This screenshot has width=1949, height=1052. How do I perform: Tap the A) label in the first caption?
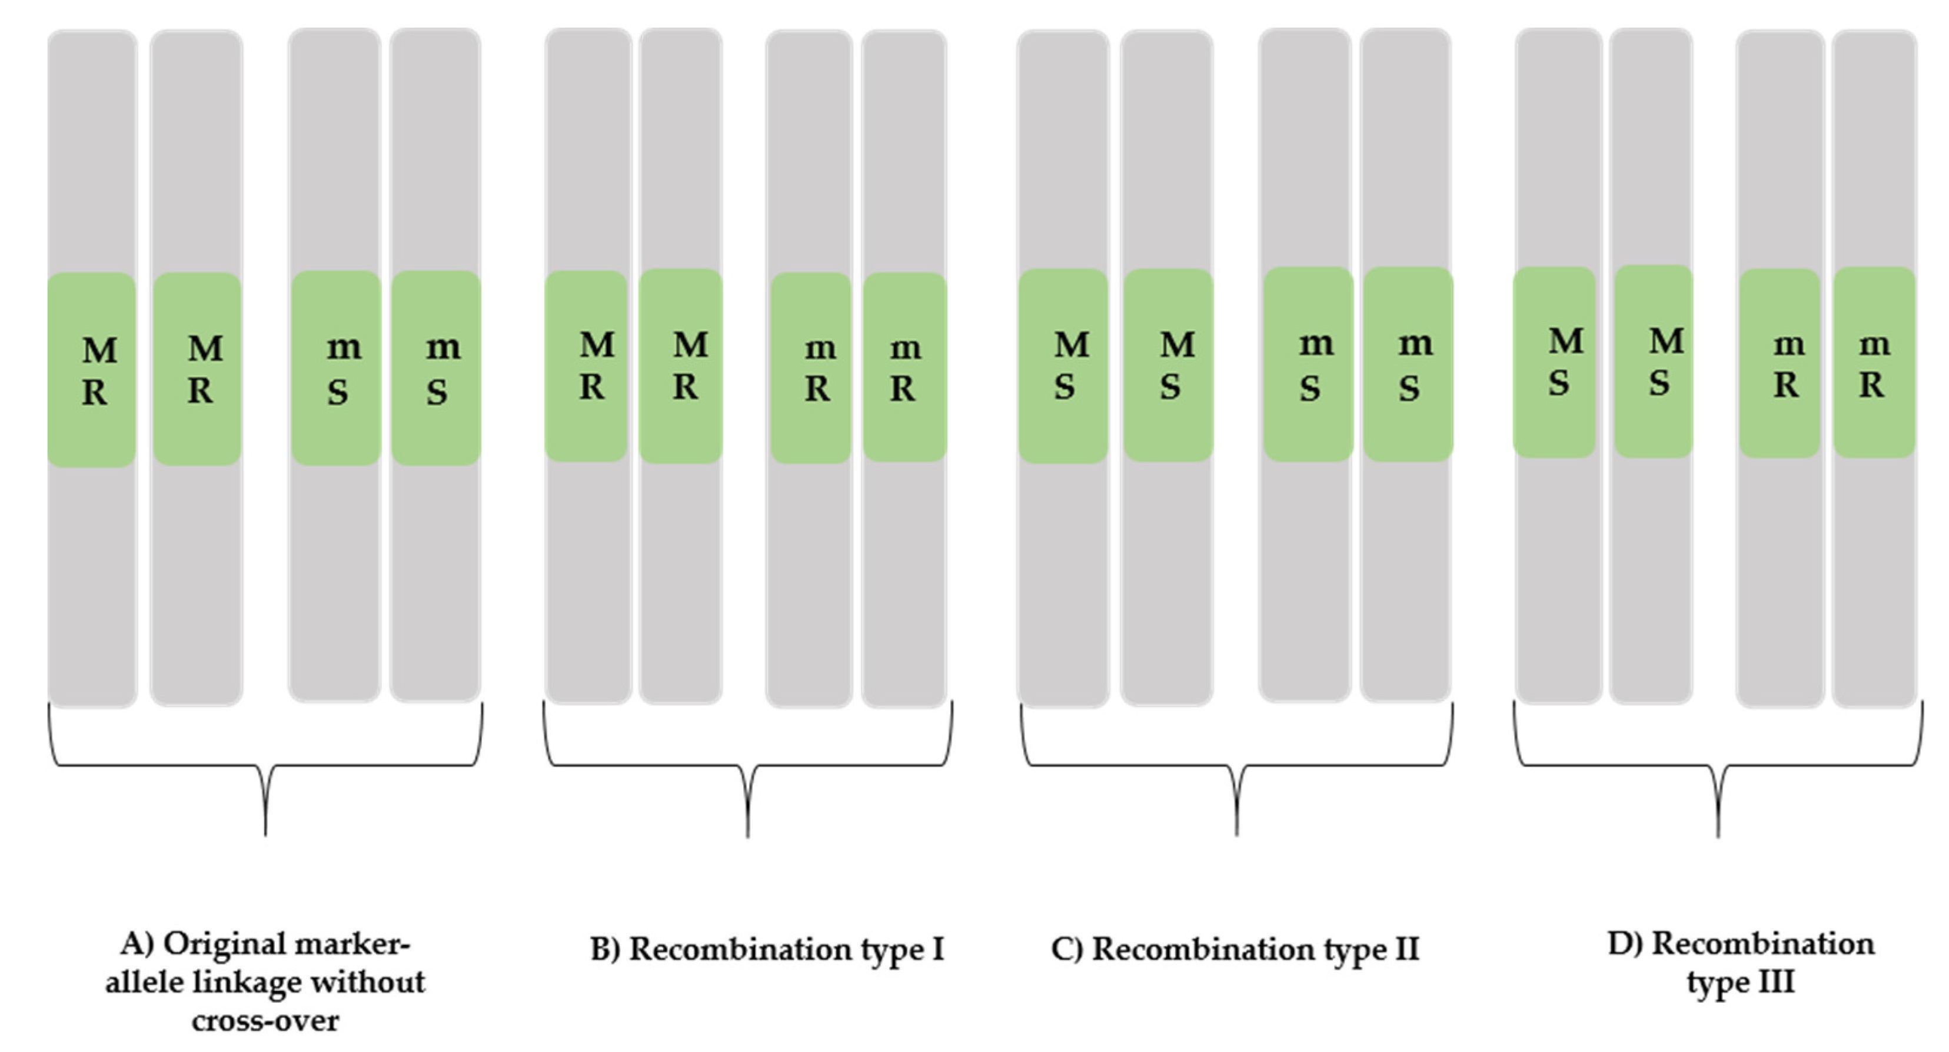pos(137,944)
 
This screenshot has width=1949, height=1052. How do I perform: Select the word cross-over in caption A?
pos(265,1021)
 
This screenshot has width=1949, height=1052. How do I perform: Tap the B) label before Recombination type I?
pos(606,949)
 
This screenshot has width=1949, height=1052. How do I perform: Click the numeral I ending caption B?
pos(938,949)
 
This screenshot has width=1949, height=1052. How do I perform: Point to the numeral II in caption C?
pos(1407,949)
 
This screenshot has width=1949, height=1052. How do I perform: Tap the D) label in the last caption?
pos(1624,944)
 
